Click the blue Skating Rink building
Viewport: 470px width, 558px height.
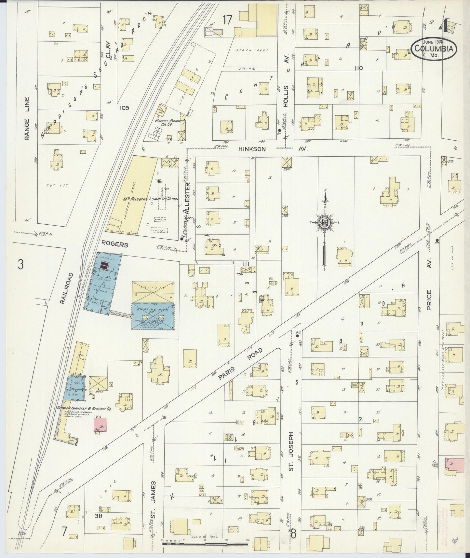pyautogui.click(x=153, y=316)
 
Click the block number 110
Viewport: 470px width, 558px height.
pyautogui.click(x=359, y=68)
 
